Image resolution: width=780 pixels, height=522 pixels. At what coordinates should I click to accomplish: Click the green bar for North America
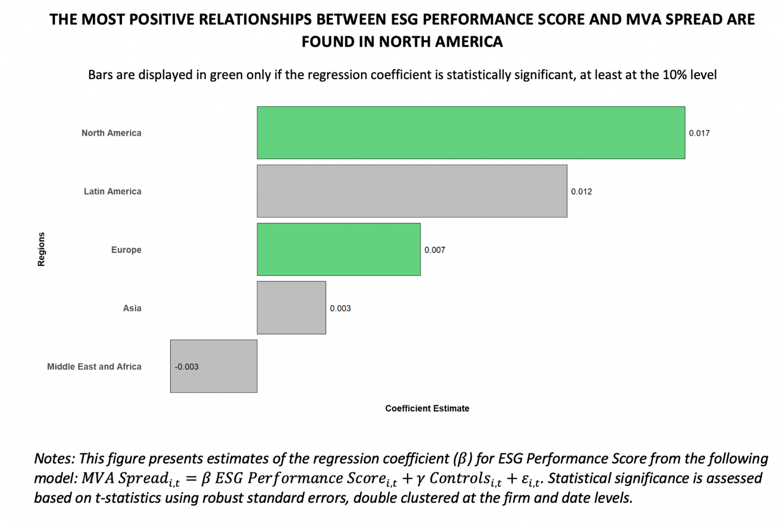(471, 133)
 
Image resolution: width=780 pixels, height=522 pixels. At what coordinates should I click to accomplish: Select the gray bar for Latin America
(412, 191)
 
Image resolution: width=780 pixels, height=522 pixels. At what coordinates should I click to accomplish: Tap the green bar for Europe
(339, 249)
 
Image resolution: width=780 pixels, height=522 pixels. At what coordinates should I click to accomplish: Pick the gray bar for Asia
(291, 308)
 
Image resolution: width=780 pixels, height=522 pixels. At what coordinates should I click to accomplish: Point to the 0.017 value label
(699, 133)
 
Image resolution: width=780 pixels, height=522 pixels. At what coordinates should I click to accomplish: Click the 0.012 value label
(581, 191)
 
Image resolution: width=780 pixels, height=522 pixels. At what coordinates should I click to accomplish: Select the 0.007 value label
(435, 250)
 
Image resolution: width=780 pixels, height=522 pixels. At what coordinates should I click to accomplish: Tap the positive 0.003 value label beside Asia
(340, 308)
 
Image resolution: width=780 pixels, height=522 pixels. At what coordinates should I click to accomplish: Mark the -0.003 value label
(186, 367)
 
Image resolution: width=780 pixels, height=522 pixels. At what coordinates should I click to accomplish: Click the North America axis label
(111, 133)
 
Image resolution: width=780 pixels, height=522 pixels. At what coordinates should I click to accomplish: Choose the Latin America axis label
(112, 191)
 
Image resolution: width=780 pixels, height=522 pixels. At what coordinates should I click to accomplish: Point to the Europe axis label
(126, 250)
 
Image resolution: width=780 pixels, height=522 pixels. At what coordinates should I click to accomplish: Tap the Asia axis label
(132, 308)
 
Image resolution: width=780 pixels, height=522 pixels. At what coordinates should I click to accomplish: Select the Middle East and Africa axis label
(94, 367)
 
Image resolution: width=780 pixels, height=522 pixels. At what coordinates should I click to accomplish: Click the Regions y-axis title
(41, 249)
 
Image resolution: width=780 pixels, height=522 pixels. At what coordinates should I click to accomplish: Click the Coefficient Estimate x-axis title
(427, 408)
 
